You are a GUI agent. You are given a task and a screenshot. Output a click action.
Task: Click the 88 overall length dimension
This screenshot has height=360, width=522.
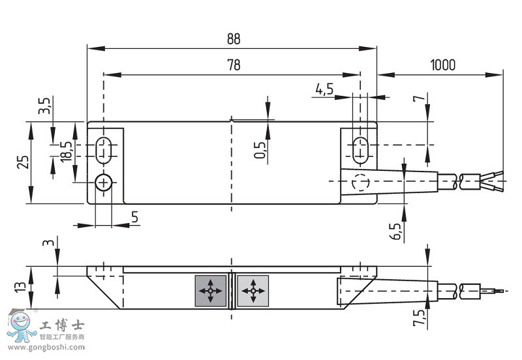234,39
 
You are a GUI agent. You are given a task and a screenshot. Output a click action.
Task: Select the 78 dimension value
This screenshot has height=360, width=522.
234,65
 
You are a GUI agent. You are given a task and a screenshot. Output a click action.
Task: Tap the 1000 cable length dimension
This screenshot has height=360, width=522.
442,65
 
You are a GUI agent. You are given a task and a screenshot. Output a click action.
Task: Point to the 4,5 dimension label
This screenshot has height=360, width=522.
324,89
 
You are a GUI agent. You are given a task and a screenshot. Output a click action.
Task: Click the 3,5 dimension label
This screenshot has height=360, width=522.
44,106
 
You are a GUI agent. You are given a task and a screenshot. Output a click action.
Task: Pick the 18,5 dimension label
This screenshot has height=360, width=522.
66,152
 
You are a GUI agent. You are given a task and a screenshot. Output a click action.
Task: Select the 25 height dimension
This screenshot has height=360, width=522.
23,162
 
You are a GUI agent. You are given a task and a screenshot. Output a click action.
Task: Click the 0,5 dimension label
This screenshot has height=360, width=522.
260,150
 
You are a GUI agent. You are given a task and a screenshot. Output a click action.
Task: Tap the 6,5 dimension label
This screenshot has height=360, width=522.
395,232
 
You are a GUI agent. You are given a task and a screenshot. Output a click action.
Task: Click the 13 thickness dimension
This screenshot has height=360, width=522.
20,287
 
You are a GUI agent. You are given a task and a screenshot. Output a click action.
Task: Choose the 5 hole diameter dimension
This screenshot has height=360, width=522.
134,217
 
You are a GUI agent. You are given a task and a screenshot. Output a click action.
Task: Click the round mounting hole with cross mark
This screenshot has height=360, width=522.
104,183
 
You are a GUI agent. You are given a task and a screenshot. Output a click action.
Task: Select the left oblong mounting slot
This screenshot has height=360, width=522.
104,151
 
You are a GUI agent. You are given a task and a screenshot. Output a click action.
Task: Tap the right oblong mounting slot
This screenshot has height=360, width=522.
360,151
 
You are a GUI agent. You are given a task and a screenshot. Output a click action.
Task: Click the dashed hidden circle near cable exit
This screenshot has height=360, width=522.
361,183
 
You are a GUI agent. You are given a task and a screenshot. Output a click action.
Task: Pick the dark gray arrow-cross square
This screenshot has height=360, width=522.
210,291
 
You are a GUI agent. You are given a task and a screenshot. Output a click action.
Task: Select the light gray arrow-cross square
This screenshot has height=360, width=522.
253,291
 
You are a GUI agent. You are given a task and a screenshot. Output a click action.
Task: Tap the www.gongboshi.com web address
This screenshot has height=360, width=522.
46,348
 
